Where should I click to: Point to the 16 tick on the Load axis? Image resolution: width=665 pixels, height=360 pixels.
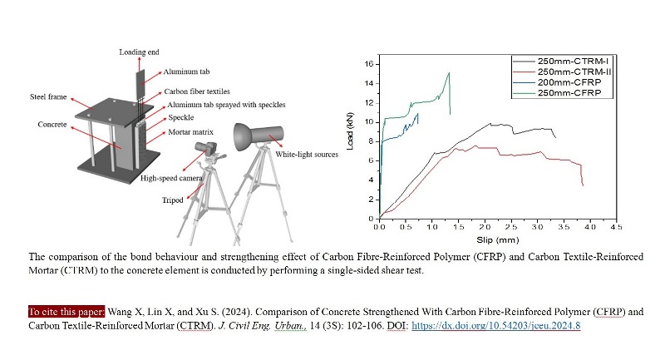point(371,64)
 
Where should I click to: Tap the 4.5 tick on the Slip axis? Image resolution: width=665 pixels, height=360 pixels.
point(616,226)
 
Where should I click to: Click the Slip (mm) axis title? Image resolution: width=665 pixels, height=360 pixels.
point(498,236)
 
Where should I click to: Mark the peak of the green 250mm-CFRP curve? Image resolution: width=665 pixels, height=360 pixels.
point(449,72)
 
